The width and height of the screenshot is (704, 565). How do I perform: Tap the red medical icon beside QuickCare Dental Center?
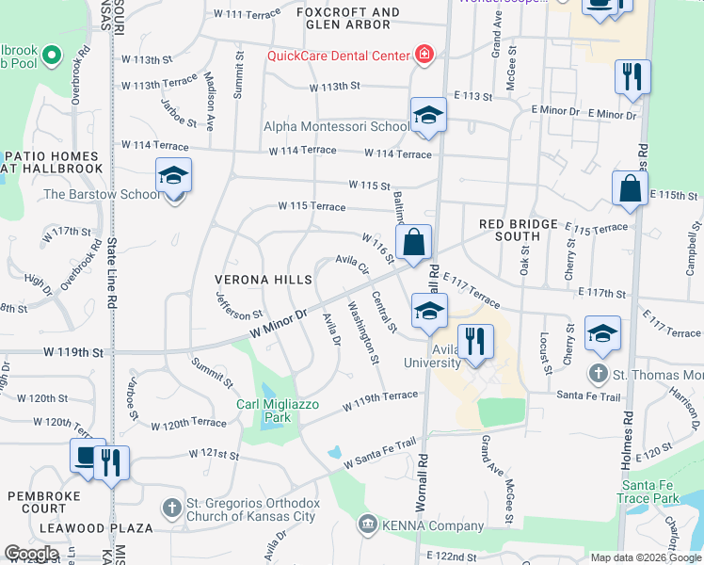(424, 54)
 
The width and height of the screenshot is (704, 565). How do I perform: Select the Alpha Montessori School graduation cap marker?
(428, 116)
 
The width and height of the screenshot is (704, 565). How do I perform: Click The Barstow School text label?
(102, 195)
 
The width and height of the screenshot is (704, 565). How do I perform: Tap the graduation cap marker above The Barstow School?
(173, 176)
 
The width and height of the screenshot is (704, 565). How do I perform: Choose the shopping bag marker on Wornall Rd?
(413, 243)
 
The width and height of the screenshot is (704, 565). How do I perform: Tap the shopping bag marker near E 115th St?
(630, 188)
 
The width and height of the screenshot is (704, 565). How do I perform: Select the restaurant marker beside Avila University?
(475, 343)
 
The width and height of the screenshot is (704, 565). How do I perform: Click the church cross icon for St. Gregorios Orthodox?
(170, 508)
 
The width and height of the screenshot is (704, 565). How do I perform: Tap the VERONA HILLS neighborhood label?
(263, 281)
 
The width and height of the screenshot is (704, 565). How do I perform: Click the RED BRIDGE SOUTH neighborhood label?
(518, 230)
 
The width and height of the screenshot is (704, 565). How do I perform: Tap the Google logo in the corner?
(31, 554)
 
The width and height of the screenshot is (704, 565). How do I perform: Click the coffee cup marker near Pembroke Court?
(87, 458)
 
